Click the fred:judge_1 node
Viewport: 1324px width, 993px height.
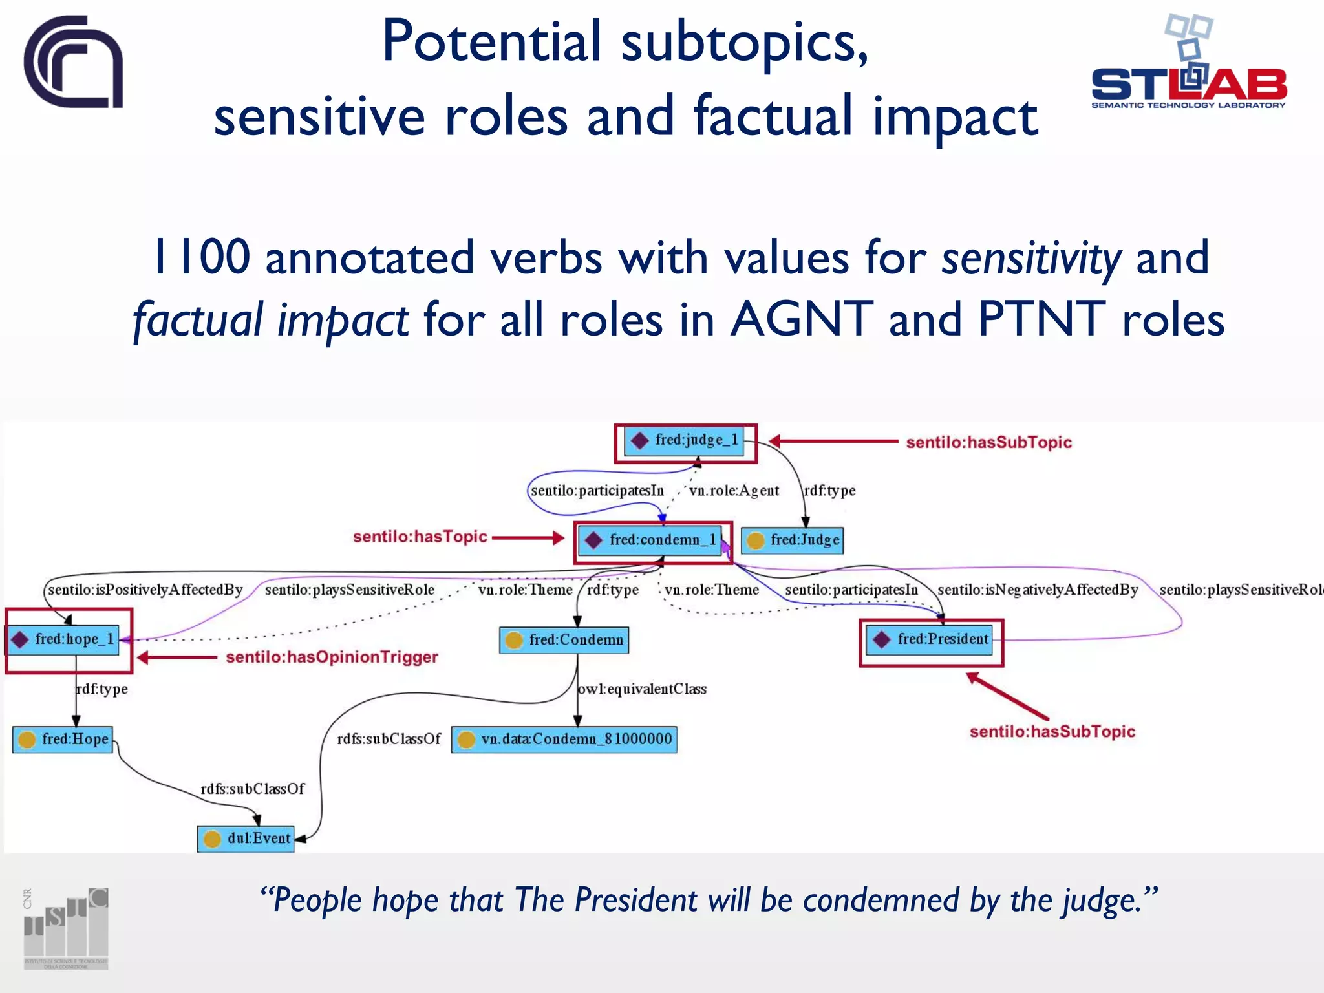point(685,441)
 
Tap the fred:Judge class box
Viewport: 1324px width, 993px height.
point(793,540)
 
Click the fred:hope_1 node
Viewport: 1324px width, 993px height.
point(64,639)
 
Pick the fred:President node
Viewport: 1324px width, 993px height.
point(930,640)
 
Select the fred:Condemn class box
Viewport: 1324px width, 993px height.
point(564,640)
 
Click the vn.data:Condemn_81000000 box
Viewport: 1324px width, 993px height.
point(564,740)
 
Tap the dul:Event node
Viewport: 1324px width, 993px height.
point(246,839)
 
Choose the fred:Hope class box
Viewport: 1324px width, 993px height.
point(63,740)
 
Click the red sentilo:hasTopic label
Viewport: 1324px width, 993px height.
point(420,537)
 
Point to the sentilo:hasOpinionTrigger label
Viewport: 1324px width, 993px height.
point(332,657)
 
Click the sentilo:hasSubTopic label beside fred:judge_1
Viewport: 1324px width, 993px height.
point(988,443)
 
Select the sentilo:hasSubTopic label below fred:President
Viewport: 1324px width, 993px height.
point(1052,732)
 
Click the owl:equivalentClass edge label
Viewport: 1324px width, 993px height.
point(642,689)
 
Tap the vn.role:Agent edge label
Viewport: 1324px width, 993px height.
point(734,491)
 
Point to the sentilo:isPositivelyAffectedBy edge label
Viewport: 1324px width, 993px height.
point(145,590)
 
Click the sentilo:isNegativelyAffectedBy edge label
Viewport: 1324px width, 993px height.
point(1038,590)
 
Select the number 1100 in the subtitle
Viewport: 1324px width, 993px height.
point(201,258)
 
